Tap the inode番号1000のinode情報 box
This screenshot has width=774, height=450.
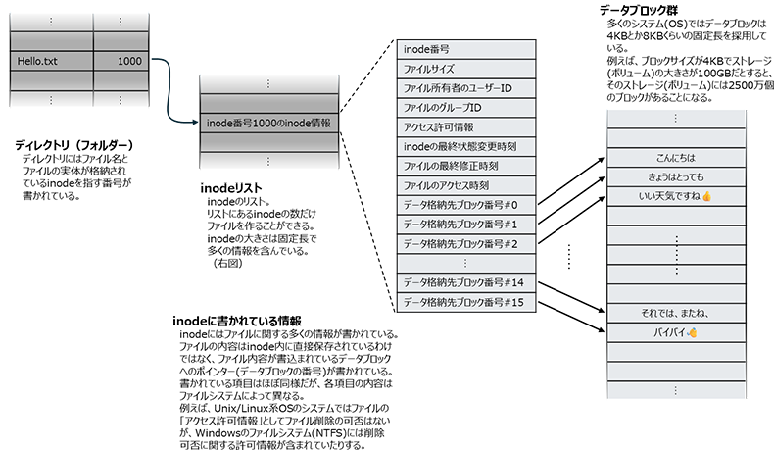point(268,125)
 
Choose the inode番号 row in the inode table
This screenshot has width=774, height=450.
point(466,48)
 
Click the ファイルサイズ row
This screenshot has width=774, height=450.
point(466,69)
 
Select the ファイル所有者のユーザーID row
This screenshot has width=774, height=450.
point(466,88)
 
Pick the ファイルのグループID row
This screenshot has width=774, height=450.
point(466,108)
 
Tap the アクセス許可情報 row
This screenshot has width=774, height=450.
point(466,127)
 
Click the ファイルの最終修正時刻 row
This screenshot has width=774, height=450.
point(466,166)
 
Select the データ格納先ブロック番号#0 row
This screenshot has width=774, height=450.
point(466,204)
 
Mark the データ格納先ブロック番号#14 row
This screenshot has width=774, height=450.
point(466,283)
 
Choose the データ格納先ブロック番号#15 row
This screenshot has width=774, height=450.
point(466,302)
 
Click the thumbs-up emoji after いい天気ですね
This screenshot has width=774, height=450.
point(706,197)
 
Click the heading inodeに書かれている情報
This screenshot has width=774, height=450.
point(235,321)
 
